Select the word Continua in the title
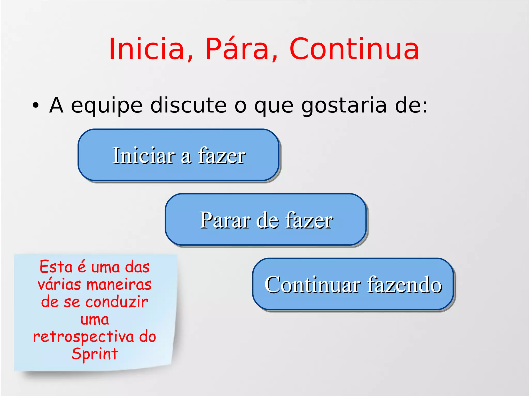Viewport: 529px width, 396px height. (354, 49)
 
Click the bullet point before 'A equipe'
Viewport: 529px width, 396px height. (36, 106)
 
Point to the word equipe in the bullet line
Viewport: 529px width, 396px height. (106, 106)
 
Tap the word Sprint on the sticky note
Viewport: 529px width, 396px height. (95, 354)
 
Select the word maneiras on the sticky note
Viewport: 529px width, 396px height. (119, 285)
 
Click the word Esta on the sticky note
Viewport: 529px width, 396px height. (56, 267)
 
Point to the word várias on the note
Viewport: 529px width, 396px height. (59, 285)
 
